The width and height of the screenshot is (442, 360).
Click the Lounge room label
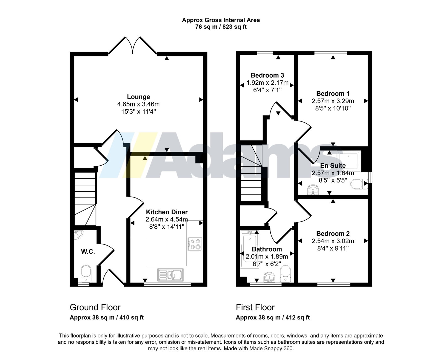(138, 97)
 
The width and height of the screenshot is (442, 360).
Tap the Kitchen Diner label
(167, 212)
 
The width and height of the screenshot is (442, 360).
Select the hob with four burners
(195, 244)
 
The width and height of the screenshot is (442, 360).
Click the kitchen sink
(170, 275)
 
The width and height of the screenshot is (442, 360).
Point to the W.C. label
(88, 252)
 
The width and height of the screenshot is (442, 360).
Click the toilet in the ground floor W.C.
(86, 273)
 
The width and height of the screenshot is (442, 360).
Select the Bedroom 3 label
(267, 75)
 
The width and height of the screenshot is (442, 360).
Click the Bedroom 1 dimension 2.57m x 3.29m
(333, 101)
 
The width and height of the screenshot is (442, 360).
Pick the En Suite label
(333, 166)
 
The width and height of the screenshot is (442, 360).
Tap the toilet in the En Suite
(359, 184)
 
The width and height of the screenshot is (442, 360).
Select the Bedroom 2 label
(333, 234)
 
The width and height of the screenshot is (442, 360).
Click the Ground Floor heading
(95, 307)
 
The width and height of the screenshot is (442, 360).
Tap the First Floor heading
(255, 307)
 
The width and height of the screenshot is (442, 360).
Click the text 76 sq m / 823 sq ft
(221, 27)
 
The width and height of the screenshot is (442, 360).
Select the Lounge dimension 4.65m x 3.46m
(138, 104)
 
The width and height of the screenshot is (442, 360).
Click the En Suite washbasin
(313, 190)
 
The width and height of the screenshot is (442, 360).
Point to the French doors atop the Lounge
(133, 46)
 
